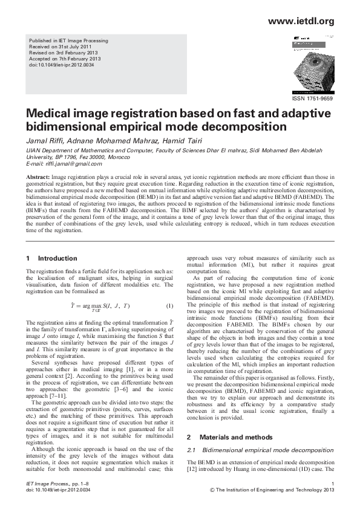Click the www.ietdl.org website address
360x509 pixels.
[x=301, y=22]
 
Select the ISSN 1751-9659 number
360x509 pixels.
[x=312, y=97]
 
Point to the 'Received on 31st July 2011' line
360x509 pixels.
[x=60, y=47]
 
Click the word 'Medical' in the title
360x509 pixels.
[x=50, y=115]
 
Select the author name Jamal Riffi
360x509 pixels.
[x=44, y=141]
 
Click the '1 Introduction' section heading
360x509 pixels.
[x=52, y=258]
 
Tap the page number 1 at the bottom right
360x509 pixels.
[x=332, y=485]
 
